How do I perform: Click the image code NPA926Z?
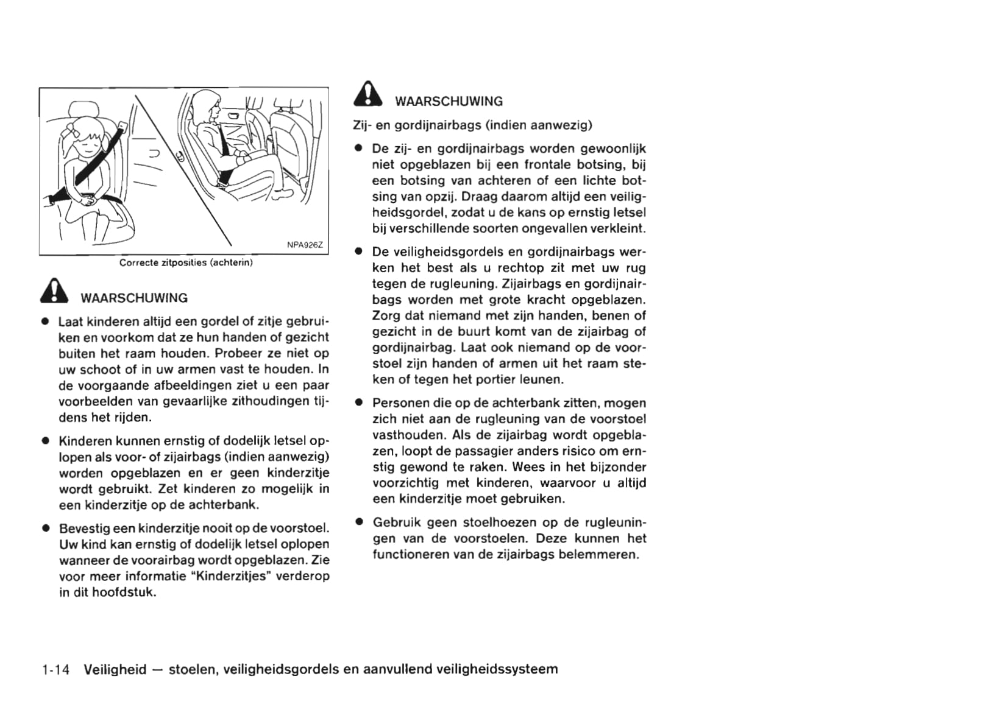pyautogui.click(x=305, y=245)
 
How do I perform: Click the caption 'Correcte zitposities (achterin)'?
pyautogui.click(x=186, y=262)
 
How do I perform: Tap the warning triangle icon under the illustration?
pyautogui.click(x=55, y=291)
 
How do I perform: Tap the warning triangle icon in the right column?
pyautogui.click(x=368, y=94)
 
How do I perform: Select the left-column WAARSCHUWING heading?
pyautogui.click(x=134, y=298)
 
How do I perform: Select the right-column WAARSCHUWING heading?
pyautogui.click(x=449, y=101)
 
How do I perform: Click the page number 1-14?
pyautogui.click(x=56, y=669)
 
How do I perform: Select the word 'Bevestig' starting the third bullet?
pyautogui.click(x=83, y=528)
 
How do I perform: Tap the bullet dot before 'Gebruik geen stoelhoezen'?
pyautogui.click(x=360, y=522)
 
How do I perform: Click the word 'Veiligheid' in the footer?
pyautogui.click(x=115, y=669)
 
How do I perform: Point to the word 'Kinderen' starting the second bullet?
pyautogui.click(x=85, y=440)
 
